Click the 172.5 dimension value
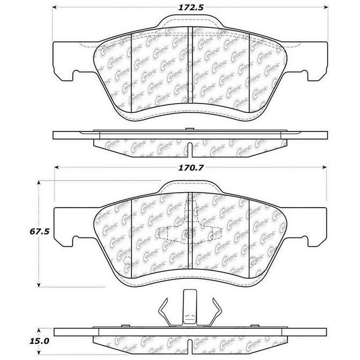coord(191,8)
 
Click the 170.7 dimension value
coord(191,168)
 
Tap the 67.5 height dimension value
coord(40,231)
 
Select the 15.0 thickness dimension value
coord(39,341)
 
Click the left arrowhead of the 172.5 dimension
coord(55,8)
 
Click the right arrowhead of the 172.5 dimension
coord(326,8)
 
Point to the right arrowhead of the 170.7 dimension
coord(324,167)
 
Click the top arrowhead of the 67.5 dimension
coord(39,183)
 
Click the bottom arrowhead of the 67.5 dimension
coord(39,285)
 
